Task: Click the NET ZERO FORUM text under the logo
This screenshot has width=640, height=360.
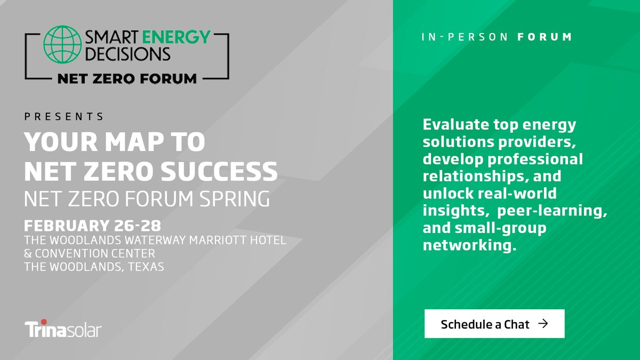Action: [x=126, y=79]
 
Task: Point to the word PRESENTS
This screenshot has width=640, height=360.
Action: [x=64, y=116]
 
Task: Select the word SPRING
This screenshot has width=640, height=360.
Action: [x=232, y=199]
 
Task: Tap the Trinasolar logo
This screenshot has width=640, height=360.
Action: [x=62, y=329]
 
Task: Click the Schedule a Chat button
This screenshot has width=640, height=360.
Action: [x=494, y=324]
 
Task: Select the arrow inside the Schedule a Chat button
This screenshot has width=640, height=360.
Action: [x=543, y=324]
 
